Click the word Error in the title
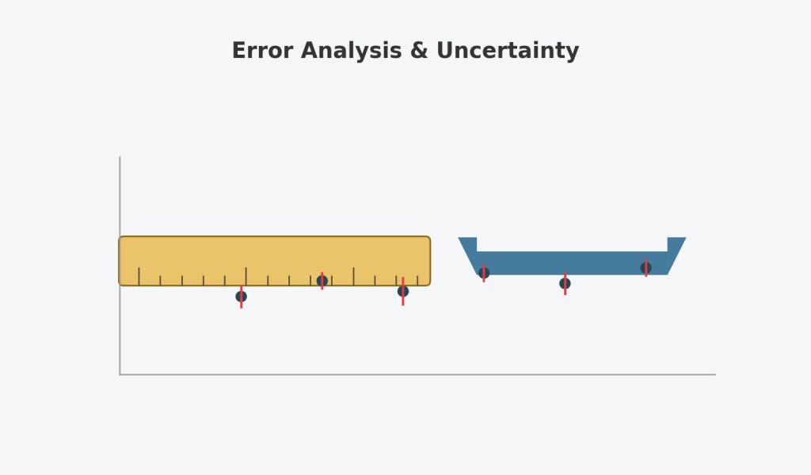coord(263,51)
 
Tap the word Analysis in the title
coord(351,52)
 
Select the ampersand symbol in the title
coord(419,51)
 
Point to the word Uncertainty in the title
coord(508,52)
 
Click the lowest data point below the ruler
coord(241,297)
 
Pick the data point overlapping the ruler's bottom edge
coord(322,281)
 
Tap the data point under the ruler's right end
coord(403,291)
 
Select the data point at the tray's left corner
coord(484,273)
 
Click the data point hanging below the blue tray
coord(565,283)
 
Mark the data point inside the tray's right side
coord(645,268)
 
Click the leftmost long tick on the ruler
coord(139,277)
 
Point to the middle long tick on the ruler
coord(246,277)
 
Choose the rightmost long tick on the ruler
coord(354,277)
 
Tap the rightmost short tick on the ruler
coord(417,281)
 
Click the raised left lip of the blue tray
coord(467,244)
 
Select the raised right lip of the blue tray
coord(676,244)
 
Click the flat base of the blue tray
coord(572,263)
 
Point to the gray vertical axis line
coord(120,265)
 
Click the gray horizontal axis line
coord(418,374)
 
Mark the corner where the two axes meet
coord(120,374)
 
